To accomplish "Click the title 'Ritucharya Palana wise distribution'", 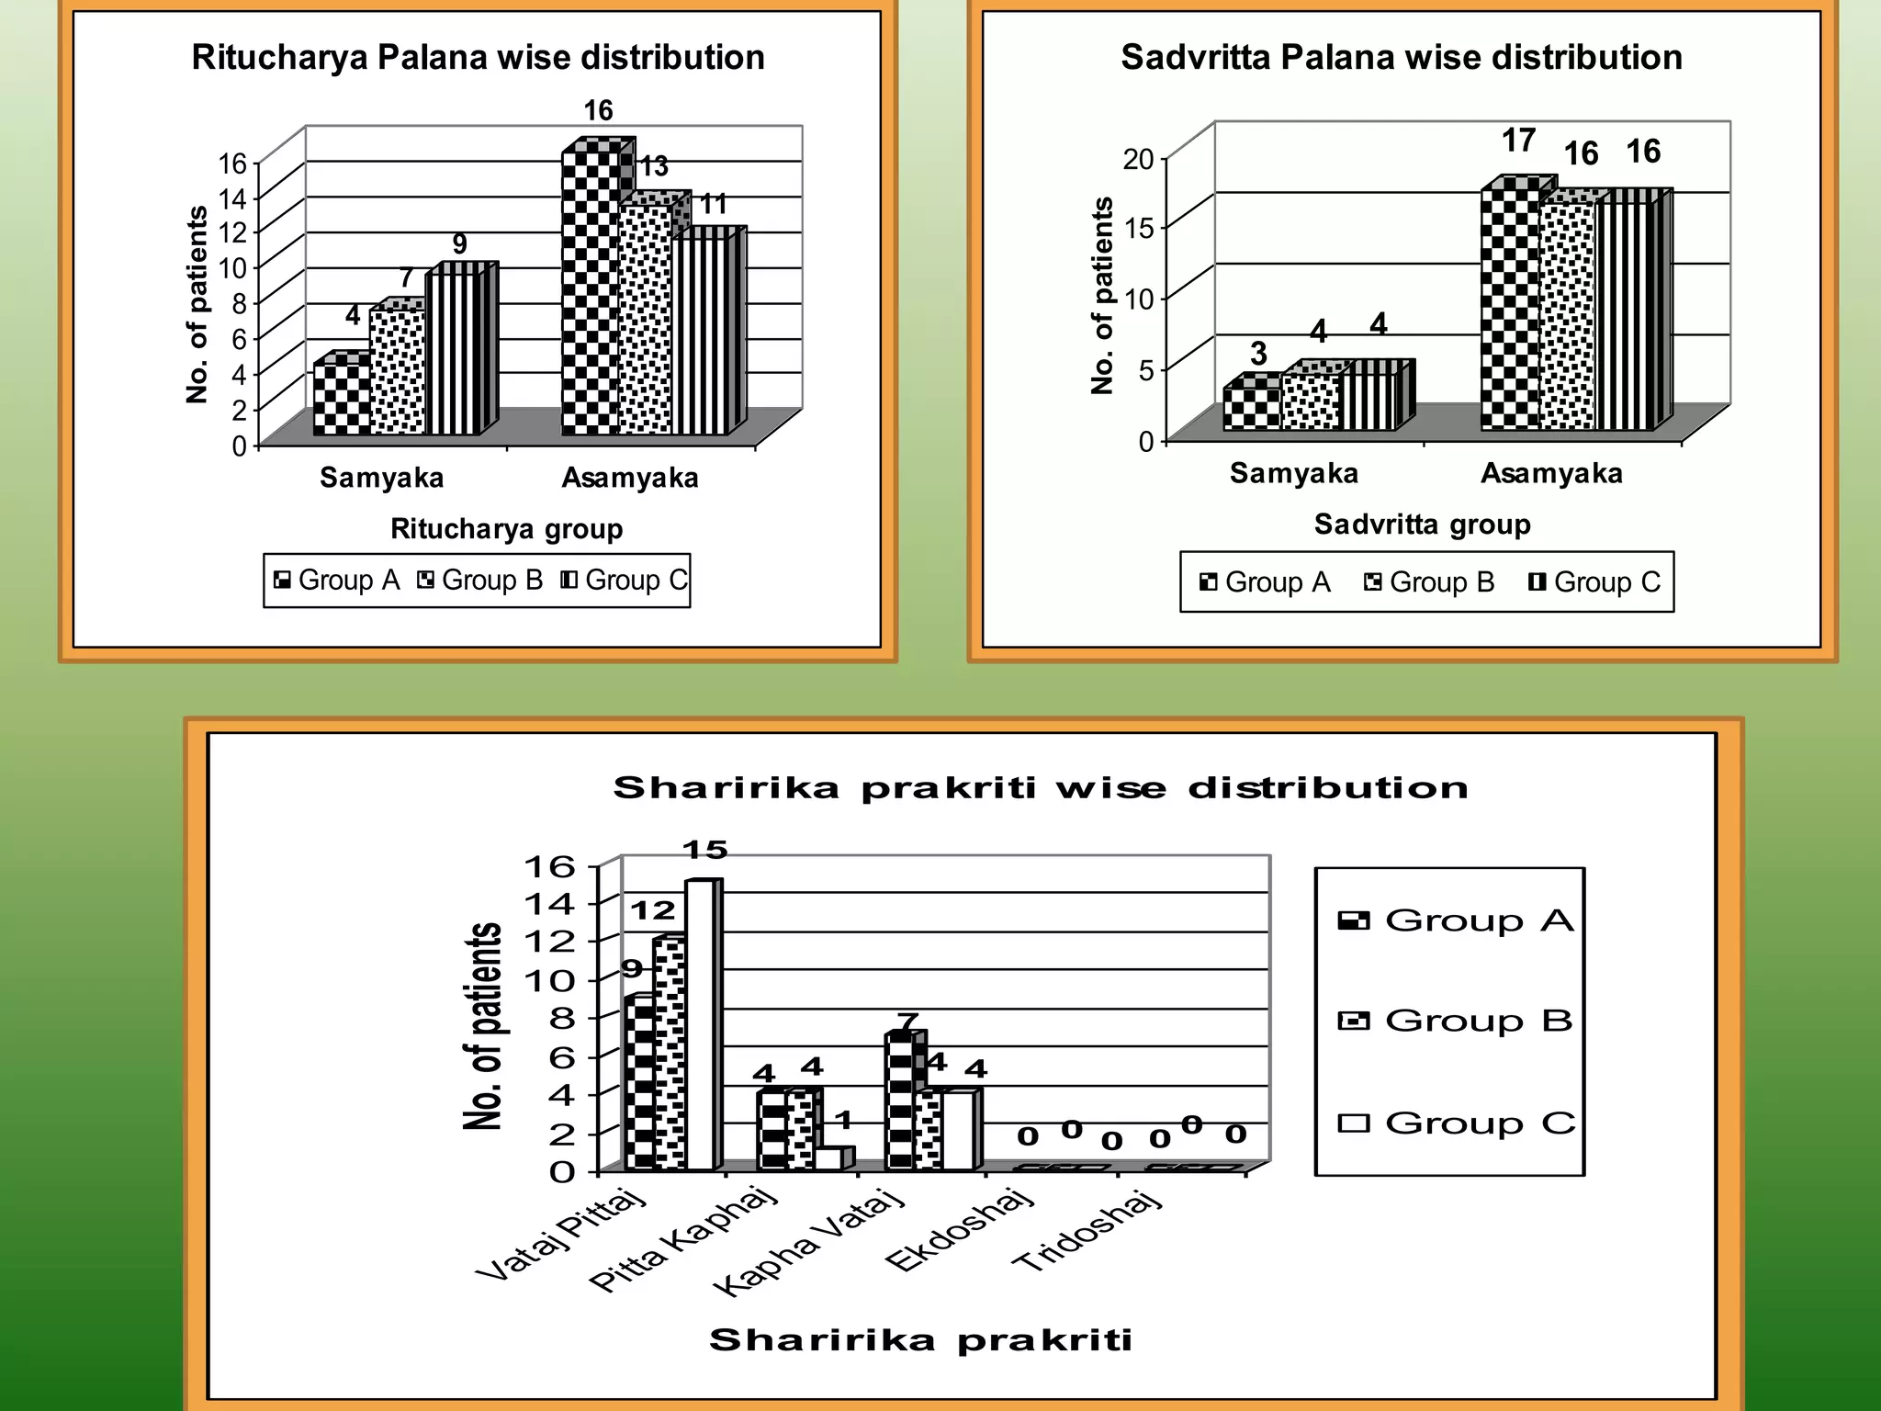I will (x=478, y=58).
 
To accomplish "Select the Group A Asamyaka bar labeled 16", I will (x=590, y=294).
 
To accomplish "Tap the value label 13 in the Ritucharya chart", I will (x=654, y=167).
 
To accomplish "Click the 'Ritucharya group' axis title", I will (x=506, y=529).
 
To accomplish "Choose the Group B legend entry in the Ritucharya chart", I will (x=479, y=581).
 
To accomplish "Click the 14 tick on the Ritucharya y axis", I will (x=232, y=198).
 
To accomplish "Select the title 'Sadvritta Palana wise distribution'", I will (x=1402, y=58).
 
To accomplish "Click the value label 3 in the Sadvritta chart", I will (x=1258, y=354).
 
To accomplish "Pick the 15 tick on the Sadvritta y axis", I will (x=1138, y=229).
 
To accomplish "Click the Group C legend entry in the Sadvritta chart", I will (x=1594, y=582).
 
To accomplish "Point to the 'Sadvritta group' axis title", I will (x=1422, y=525).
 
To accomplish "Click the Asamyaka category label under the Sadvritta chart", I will (x=1551, y=474).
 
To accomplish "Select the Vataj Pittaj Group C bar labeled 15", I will (x=700, y=1024).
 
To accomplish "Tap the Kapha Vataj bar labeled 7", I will (x=900, y=1102).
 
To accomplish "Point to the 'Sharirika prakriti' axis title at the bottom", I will (x=920, y=1340).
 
